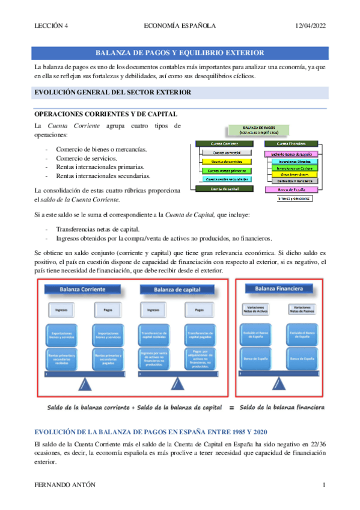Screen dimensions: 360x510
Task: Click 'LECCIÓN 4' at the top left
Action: [51, 25]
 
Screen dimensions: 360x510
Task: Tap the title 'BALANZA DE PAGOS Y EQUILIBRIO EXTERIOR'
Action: [180, 53]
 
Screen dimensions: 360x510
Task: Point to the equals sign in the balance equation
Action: [231, 391]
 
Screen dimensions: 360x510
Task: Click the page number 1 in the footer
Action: [324, 484]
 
